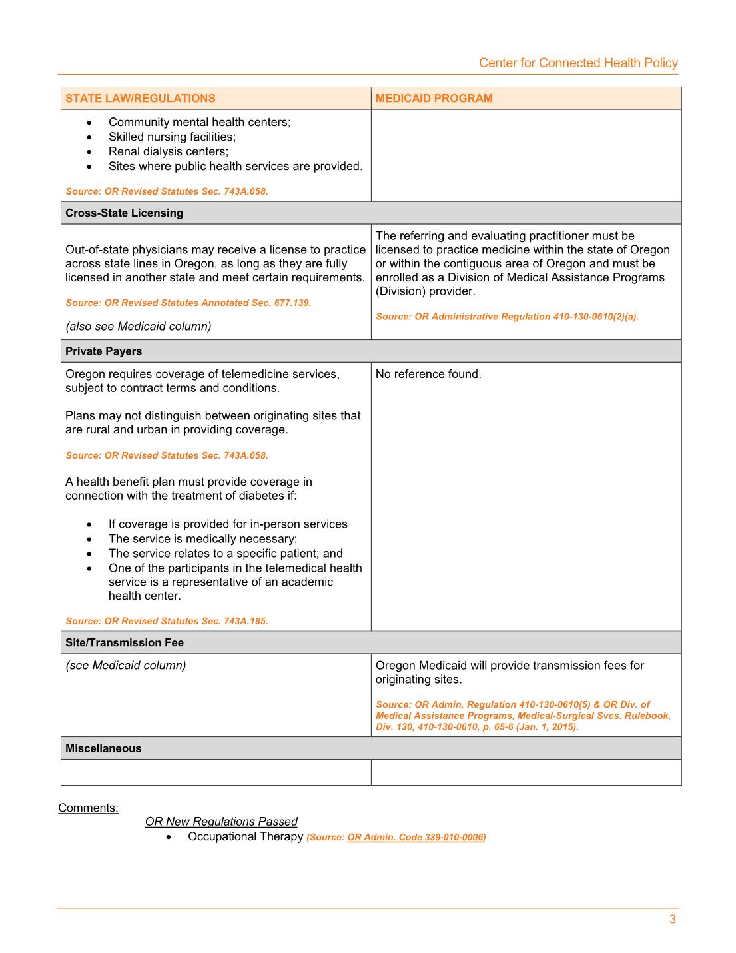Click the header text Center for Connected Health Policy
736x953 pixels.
(578, 63)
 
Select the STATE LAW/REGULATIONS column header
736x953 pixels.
(140, 99)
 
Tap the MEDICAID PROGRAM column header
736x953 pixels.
(434, 99)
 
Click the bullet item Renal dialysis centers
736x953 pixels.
(168, 151)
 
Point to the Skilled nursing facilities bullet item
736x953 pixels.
(172, 137)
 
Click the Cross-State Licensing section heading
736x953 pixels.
(124, 213)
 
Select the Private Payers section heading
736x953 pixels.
(103, 351)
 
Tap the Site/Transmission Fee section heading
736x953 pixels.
(124, 643)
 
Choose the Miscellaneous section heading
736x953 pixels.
(103, 748)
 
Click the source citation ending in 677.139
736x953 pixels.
(188, 303)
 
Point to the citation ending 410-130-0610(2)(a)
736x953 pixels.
(507, 317)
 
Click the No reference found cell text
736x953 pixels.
(428, 374)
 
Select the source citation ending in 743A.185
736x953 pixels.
(167, 621)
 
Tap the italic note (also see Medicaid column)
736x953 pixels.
(138, 326)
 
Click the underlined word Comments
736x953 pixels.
(88, 808)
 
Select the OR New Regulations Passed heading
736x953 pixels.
(221, 822)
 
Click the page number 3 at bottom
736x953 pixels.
(673, 920)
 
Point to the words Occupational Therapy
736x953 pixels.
(245, 836)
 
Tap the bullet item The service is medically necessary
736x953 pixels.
(202, 539)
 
